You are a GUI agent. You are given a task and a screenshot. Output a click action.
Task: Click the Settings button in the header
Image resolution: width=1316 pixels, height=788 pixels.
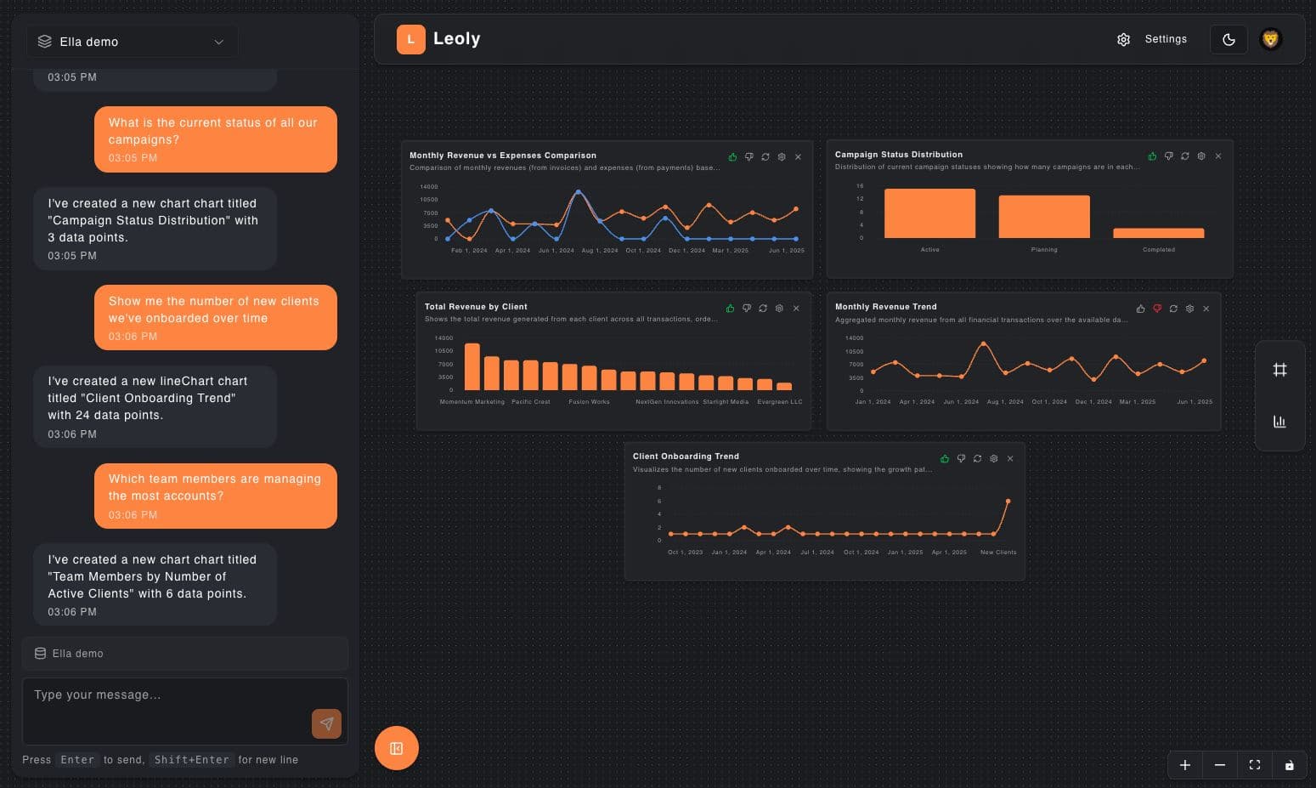(1152, 39)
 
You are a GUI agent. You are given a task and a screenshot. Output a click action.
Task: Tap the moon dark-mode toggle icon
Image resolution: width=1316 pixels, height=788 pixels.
(1228, 39)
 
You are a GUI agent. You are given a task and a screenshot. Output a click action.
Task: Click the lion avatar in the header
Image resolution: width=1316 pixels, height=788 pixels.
(1270, 39)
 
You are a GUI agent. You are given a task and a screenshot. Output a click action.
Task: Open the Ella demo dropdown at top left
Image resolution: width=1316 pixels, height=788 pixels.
(133, 42)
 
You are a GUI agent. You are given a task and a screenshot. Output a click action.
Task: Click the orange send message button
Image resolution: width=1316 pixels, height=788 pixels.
(326, 723)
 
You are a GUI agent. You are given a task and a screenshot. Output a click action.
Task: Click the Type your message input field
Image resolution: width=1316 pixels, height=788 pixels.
(166, 695)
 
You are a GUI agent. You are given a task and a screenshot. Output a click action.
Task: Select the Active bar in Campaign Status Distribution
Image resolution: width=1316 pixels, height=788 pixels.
(929, 213)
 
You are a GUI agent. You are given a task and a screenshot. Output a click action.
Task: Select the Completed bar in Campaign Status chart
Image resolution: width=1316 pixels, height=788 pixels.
(1158, 233)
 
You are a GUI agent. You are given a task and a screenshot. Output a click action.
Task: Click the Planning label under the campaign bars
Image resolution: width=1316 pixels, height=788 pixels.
(1044, 250)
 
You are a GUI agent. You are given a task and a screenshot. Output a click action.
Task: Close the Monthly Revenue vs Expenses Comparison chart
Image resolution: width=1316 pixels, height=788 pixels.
(798, 157)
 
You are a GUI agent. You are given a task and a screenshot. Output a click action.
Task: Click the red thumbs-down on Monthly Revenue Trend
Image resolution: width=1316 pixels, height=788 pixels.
(1157, 309)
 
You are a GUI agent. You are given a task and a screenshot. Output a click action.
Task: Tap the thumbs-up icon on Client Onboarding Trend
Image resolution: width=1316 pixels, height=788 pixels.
(945, 459)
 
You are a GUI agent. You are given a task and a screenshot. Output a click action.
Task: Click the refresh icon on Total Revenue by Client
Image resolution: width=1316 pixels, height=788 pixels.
(763, 309)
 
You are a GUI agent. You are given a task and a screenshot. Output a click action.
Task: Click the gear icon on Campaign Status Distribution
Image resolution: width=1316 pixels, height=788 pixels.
(1201, 156)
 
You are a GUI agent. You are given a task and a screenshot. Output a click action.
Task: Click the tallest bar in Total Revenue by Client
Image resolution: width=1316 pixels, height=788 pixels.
(472, 366)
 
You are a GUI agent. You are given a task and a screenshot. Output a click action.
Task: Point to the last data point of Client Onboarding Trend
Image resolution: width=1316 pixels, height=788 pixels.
(1008, 502)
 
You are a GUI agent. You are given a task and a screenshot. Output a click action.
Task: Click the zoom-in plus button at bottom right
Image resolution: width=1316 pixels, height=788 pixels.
(1185, 765)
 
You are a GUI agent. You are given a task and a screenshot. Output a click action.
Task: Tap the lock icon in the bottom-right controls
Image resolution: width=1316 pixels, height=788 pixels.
(1289, 765)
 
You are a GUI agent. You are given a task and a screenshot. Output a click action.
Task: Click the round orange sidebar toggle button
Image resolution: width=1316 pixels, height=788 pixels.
(397, 748)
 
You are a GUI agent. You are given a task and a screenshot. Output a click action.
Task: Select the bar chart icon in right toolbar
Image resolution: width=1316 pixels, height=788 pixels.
(1279, 422)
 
